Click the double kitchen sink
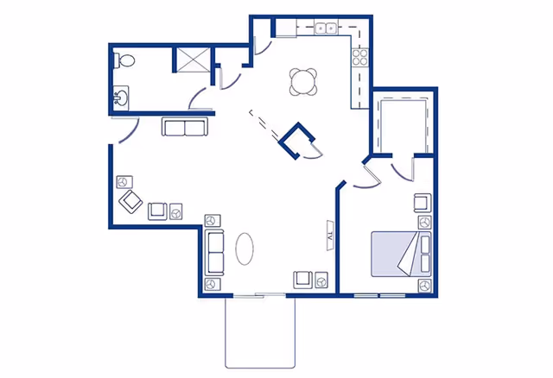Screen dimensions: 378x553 (x=326, y=28)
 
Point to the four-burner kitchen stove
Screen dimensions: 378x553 (x=359, y=60)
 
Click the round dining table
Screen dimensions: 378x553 (x=303, y=82)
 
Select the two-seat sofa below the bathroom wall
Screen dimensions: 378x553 (x=185, y=129)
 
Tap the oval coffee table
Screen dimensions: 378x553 (x=246, y=250)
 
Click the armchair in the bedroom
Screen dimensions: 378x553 (x=422, y=204)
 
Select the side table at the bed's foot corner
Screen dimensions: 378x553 (x=424, y=285)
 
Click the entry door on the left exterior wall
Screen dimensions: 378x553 (x=122, y=131)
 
